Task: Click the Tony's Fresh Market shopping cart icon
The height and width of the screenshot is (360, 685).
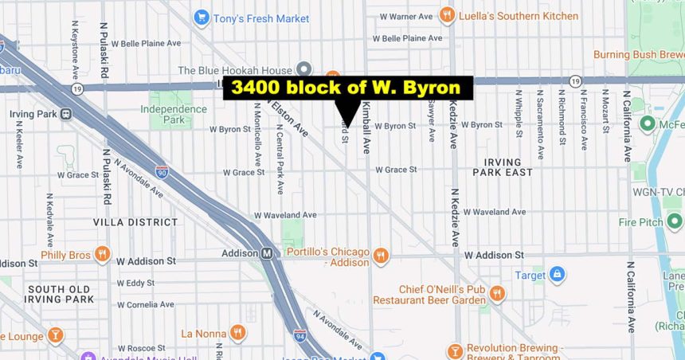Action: (x=201, y=17)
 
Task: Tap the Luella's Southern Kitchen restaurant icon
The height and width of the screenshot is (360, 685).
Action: (x=447, y=15)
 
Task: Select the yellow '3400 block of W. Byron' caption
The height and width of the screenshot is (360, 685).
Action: (x=348, y=88)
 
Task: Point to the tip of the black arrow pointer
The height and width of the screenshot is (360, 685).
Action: (x=347, y=127)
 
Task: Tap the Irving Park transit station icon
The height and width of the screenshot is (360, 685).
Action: (x=66, y=114)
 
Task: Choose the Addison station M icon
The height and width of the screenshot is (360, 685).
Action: (x=268, y=253)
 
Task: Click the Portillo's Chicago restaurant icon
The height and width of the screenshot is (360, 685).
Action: (x=381, y=256)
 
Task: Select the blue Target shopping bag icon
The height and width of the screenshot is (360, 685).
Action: (x=557, y=276)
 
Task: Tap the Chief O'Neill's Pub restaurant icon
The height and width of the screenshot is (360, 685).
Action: (x=498, y=294)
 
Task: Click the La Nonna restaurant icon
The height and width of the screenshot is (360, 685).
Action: (x=237, y=333)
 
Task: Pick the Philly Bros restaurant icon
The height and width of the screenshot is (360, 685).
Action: (x=102, y=255)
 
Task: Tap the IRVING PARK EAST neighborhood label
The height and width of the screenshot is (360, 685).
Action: (x=503, y=167)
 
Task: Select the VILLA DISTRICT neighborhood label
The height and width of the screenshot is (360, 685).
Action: (x=135, y=222)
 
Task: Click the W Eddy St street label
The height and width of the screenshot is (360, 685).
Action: (x=135, y=283)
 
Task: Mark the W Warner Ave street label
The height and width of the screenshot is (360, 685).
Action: (x=406, y=16)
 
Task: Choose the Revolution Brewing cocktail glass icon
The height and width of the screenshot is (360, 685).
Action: (x=455, y=351)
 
